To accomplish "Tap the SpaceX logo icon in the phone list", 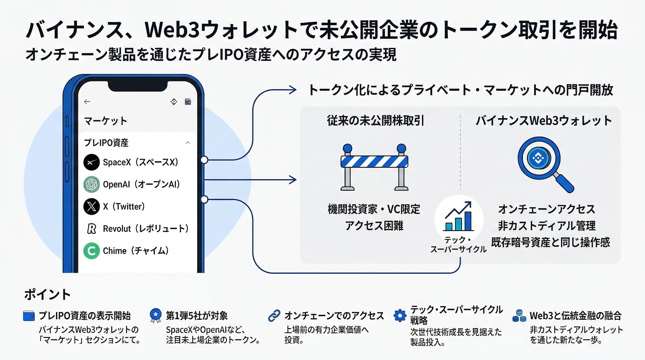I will tap(92, 162).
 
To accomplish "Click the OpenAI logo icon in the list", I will tap(92, 184).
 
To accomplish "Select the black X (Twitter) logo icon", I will tap(92, 206).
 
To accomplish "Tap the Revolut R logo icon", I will tap(92, 229).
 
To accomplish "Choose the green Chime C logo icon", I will tap(92, 251).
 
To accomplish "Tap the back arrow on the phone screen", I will tap(87, 102).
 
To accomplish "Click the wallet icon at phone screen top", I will tap(188, 102).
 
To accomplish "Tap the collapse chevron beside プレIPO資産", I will tap(187, 143).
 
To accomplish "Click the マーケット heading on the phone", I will tap(106, 121).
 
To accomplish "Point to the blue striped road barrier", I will tap(375, 166).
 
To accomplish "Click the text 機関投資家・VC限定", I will tap(374, 209).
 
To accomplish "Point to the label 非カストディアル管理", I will tap(546, 226).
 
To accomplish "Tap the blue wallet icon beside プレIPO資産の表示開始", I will tap(29, 316).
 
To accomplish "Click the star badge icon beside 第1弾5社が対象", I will tap(155, 315).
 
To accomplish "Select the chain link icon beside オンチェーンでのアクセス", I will tap(274, 316).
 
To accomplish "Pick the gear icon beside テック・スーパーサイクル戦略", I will tap(400, 315).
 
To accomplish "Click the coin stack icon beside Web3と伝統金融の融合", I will tap(519, 316).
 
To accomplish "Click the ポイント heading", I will tap(48, 295).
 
